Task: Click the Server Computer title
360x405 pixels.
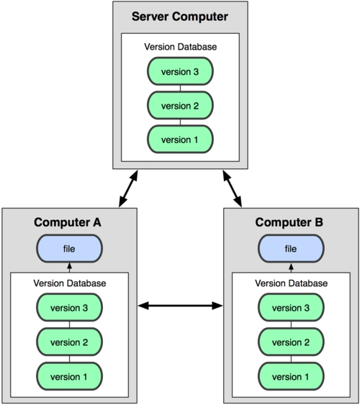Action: [180, 17]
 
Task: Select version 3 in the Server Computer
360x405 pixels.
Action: [180, 72]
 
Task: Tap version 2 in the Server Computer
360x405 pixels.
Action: [180, 105]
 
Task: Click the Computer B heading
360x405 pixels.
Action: [291, 222]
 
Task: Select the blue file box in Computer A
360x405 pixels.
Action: [69, 249]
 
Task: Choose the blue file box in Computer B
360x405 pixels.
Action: [291, 249]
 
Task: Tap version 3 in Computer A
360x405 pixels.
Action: [69, 309]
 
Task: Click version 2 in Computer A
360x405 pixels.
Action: [69, 342]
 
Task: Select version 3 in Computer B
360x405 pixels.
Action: [291, 309]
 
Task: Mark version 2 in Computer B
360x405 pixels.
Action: [291, 342]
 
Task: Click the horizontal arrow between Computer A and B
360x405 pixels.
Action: [180, 306]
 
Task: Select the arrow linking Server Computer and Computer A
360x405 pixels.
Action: [128, 189]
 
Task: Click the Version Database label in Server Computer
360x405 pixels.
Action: [180, 47]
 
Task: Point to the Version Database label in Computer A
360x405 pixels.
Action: [69, 283]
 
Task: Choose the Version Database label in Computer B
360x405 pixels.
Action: [291, 283]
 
